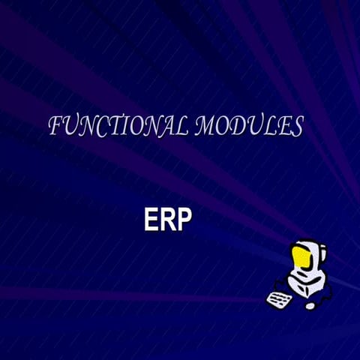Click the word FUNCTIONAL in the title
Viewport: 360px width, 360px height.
coord(118,127)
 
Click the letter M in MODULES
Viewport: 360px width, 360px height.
coord(205,127)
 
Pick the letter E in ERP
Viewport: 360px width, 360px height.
coord(151,219)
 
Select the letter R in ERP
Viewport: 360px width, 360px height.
coord(167,219)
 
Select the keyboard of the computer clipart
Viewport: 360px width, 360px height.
coord(278,298)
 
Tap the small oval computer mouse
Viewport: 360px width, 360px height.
coord(310,305)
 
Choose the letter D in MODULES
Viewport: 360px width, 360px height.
coord(241,127)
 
